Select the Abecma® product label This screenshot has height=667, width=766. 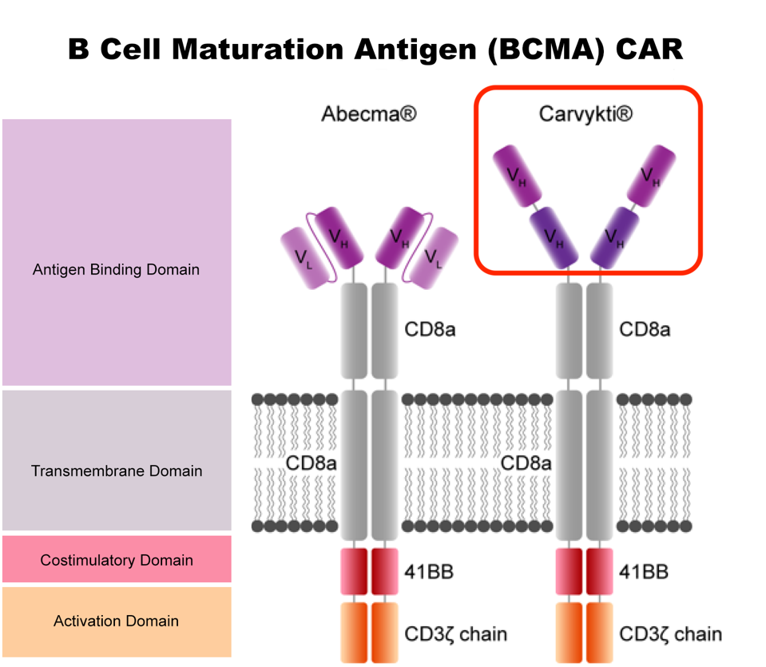(x=368, y=114)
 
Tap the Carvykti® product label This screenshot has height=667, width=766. (x=585, y=114)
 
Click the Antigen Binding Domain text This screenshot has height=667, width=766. (x=116, y=269)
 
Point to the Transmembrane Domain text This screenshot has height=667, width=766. (x=117, y=471)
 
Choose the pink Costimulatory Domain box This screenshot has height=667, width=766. (x=117, y=559)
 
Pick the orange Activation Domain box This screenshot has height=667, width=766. (x=117, y=621)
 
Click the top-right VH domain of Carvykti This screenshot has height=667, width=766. (x=652, y=175)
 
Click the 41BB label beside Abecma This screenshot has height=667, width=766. (x=431, y=572)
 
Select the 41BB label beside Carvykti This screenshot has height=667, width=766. (x=644, y=572)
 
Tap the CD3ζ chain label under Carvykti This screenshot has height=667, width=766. (x=670, y=634)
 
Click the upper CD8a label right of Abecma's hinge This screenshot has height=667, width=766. (x=431, y=328)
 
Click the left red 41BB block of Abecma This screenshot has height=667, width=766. (x=354, y=572)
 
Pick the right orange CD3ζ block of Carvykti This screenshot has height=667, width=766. (x=599, y=631)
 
